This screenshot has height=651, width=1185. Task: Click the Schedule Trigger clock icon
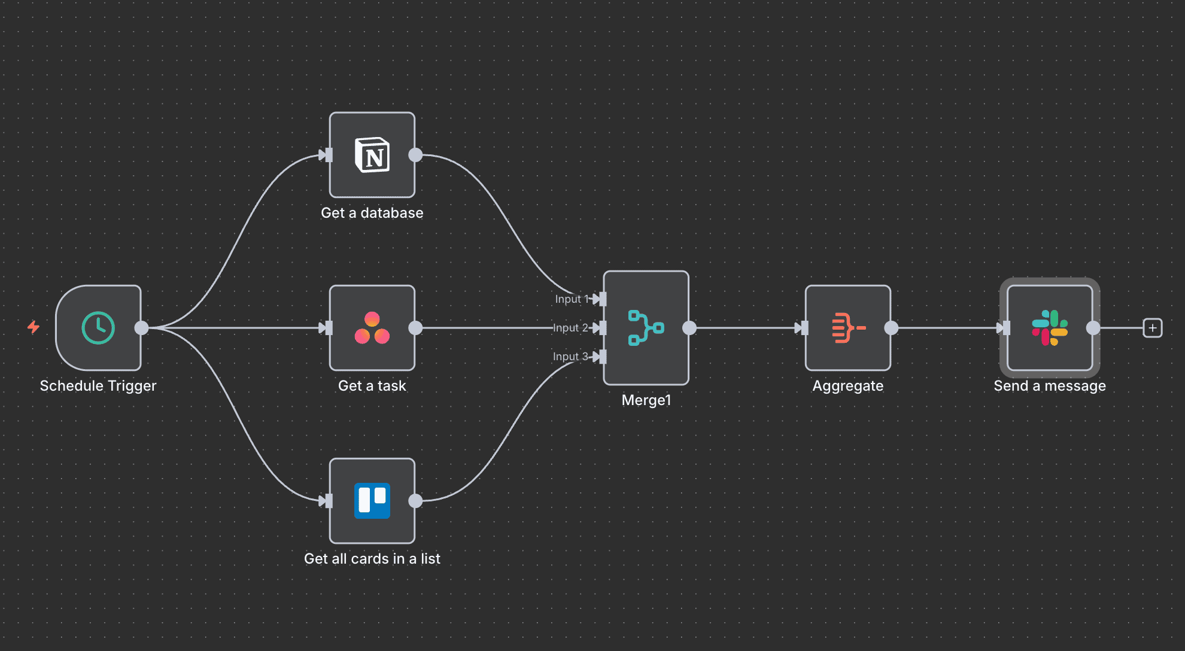pos(98,328)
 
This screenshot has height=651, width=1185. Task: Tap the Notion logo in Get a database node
pos(372,155)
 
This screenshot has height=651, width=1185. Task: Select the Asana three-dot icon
pos(372,328)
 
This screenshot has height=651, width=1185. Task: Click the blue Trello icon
pos(372,501)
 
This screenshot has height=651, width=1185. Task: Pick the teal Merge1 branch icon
pos(646,328)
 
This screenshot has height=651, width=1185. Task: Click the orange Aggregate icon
pos(848,328)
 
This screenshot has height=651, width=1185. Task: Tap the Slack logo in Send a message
pos(1050,328)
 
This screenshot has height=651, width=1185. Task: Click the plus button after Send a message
pos(1152,328)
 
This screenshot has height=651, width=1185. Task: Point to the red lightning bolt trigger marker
pos(34,327)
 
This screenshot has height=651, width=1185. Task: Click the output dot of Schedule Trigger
pos(142,328)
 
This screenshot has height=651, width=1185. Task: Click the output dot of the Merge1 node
pos(689,328)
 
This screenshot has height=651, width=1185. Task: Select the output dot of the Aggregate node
pos(891,328)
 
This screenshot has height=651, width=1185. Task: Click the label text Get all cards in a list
pos(372,559)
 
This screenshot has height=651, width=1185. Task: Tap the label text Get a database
pos(372,213)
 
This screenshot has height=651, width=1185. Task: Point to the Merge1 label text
pos(646,400)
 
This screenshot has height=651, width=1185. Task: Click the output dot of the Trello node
pos(415,501)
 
